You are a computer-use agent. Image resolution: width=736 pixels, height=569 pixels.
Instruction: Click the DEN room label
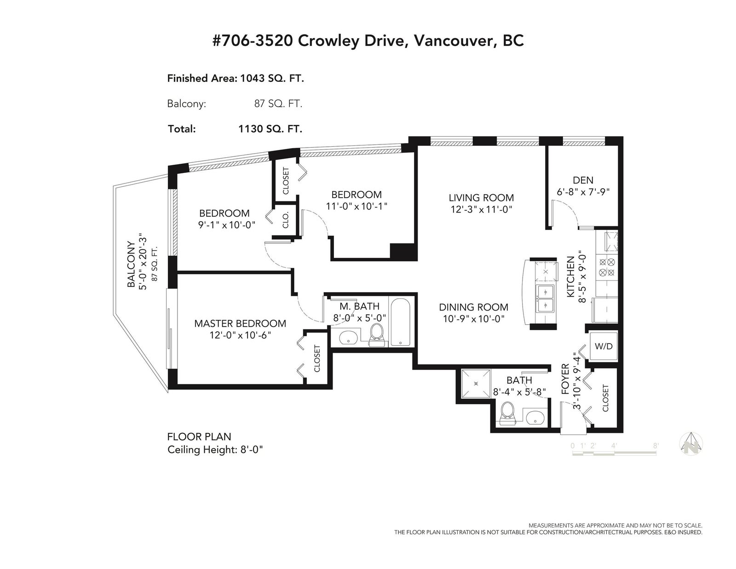pyautogui.click(x=583, y=180)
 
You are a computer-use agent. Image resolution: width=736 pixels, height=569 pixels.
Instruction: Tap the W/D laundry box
pyautogui.click(x=604, y=346)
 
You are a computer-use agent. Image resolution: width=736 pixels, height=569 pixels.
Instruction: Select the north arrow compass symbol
pyautogui.click(x=691, y=443)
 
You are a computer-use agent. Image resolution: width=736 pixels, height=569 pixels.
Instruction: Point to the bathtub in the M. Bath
pyautogui.click(x=401, y=322)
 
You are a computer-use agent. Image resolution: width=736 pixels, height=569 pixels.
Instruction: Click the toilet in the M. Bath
pyautogui.click(x=376, y=334)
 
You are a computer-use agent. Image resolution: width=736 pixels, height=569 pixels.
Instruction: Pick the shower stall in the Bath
pyautogui.click(x=476, y=384)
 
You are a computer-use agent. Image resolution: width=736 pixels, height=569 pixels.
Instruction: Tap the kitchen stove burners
pyautogui.click(x=607, y=267)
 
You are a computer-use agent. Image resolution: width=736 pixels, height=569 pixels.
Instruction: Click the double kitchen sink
pyautogui.click(x=545, y=298)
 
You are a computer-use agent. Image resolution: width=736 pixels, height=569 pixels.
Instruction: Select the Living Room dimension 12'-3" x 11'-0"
pyautogui.click(x=481, y=210)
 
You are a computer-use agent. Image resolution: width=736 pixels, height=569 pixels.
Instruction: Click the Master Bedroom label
pyautogui.click(x=240, y=323)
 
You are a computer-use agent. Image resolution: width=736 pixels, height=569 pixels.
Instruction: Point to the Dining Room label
pyautogui.click(x=473, y=307)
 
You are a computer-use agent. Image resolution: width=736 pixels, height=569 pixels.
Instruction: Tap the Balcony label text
pyautogui.click(x=131, y=264)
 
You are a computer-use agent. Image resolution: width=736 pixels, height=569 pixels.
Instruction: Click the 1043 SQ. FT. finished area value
pyautogui.click(x=272, y=78)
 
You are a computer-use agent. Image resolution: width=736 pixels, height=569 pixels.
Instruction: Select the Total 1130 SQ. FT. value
pyautogui.click(x=270, y=129)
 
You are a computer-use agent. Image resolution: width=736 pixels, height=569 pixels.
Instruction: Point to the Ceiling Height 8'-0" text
pyautogui.click(x=215, y=450)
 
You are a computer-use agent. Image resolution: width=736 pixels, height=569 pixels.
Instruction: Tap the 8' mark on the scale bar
pyautogui.click(x=655, y=446)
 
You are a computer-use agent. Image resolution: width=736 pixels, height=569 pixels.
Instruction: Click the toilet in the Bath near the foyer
pyautogui.click(x=507, y=413)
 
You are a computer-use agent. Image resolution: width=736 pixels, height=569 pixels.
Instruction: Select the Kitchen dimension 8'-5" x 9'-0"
pyautogui.click(x=582, y=276)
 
